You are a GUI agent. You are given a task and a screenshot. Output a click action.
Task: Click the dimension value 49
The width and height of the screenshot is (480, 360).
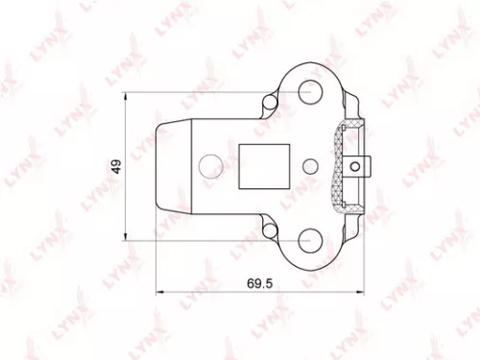click(x=114, y=164)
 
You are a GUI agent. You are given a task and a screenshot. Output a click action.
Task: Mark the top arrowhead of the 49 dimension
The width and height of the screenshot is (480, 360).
click(x=128, y=96)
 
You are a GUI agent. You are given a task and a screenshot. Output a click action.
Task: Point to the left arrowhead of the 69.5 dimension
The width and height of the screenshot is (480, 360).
click(x=159, y=295)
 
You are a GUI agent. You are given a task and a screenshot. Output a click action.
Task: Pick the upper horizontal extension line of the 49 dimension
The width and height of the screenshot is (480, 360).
click(x=192, y=92)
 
